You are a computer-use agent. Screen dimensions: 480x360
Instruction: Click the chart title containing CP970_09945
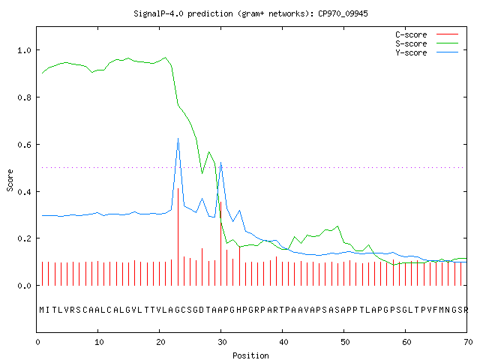coord(250,13)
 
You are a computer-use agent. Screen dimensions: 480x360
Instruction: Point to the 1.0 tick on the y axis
coord(24,50)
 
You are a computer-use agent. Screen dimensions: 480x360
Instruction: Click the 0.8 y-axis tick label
coord(24,97)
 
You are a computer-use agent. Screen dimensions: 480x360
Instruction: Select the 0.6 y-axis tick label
coord(24,145)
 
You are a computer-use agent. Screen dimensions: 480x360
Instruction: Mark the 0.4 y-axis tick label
coord(24,192)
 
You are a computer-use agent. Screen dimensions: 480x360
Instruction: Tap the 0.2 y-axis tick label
coord(24,238)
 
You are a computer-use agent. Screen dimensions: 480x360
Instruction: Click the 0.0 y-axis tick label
coord(24,286)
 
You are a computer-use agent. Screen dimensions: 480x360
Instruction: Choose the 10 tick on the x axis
coord(99,342)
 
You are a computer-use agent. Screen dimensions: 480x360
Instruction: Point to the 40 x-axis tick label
coord(283,342)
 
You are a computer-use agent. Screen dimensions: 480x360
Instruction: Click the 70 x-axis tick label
coord(468,342)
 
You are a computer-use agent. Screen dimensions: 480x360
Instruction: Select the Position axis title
coord(250,355)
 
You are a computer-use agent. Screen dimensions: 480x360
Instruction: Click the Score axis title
coord(10,180)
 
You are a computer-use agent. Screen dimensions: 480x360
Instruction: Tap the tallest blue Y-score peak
coord(178,139)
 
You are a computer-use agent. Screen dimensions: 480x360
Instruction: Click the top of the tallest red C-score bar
coord(178,188)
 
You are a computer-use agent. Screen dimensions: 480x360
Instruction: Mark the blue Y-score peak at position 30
coord(220,163)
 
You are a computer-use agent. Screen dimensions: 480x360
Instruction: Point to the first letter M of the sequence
coord(42,310)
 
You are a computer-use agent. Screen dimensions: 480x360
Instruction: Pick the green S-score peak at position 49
coord(337,226)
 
